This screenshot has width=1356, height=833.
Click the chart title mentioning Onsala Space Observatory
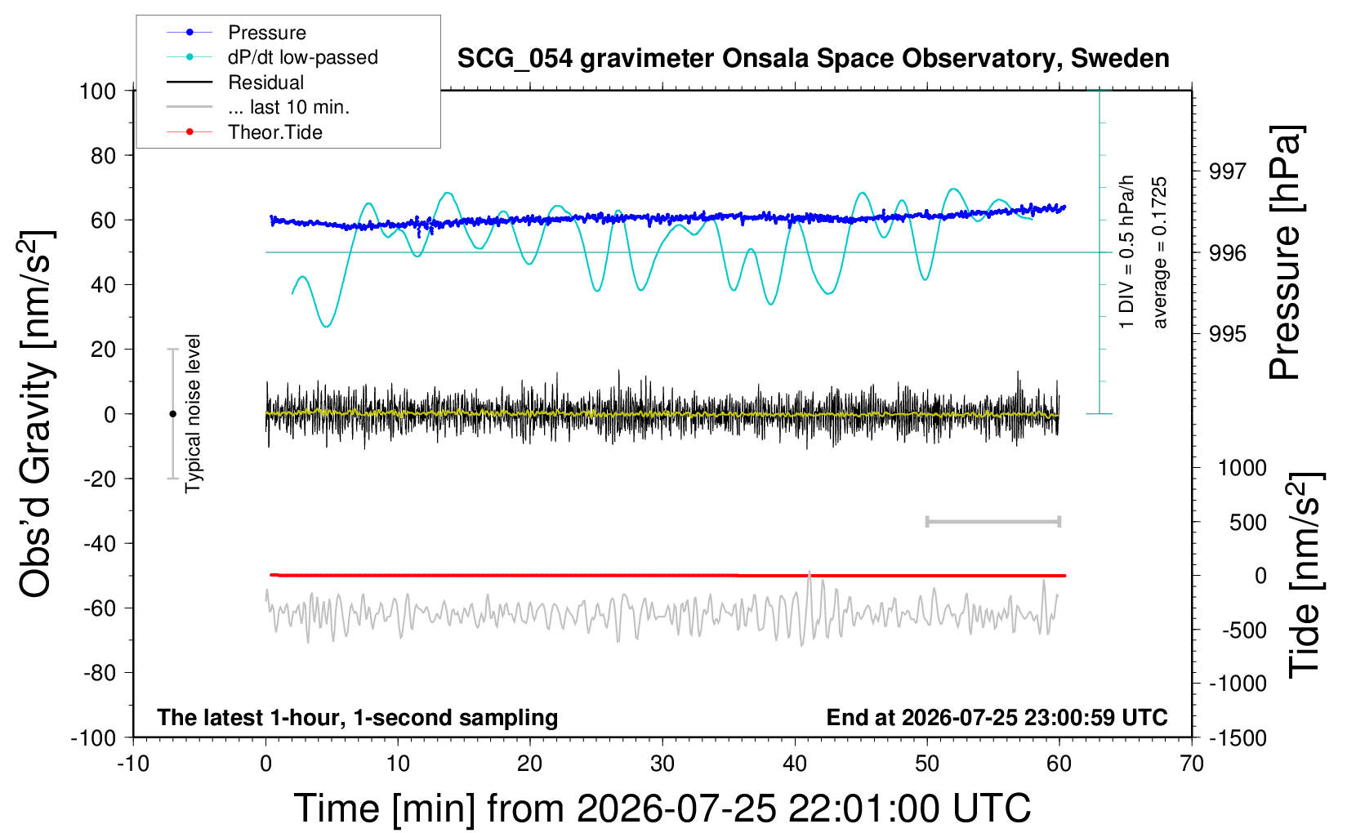813,59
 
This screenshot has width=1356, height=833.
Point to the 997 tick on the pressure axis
1228,171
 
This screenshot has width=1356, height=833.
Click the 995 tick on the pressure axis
1228,333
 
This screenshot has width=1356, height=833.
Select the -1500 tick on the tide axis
1238,738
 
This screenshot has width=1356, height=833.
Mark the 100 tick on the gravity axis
97,91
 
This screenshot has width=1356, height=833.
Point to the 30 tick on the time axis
662,764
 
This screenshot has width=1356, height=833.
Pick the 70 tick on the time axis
1191,764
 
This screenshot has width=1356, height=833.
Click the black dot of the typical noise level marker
172,414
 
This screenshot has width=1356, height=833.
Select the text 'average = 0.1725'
1158,252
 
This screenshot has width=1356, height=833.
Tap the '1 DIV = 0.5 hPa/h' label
1126,252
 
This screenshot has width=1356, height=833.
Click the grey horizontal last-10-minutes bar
992,521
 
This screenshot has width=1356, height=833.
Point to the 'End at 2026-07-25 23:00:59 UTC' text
997,717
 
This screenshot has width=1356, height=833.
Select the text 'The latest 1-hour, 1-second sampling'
357,717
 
